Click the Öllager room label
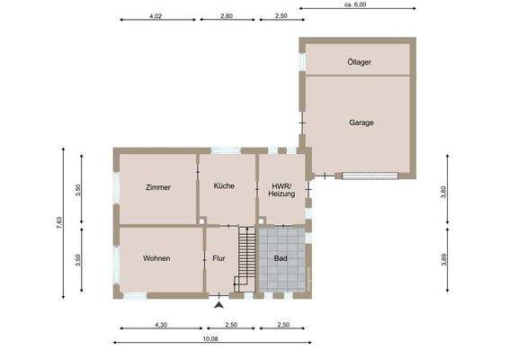point(359,62)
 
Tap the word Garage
point(362,122)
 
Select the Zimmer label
point(157,187)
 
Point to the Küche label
point(224,185)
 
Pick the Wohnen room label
point(156,258)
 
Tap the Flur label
point(219,258)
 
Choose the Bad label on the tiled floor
point(281,258)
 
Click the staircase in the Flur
point(244,257)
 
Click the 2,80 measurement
point(226,16)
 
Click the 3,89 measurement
point(443,259)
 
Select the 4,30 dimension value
point(161,324)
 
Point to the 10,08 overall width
point(210,338)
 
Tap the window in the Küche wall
point(226,150)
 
